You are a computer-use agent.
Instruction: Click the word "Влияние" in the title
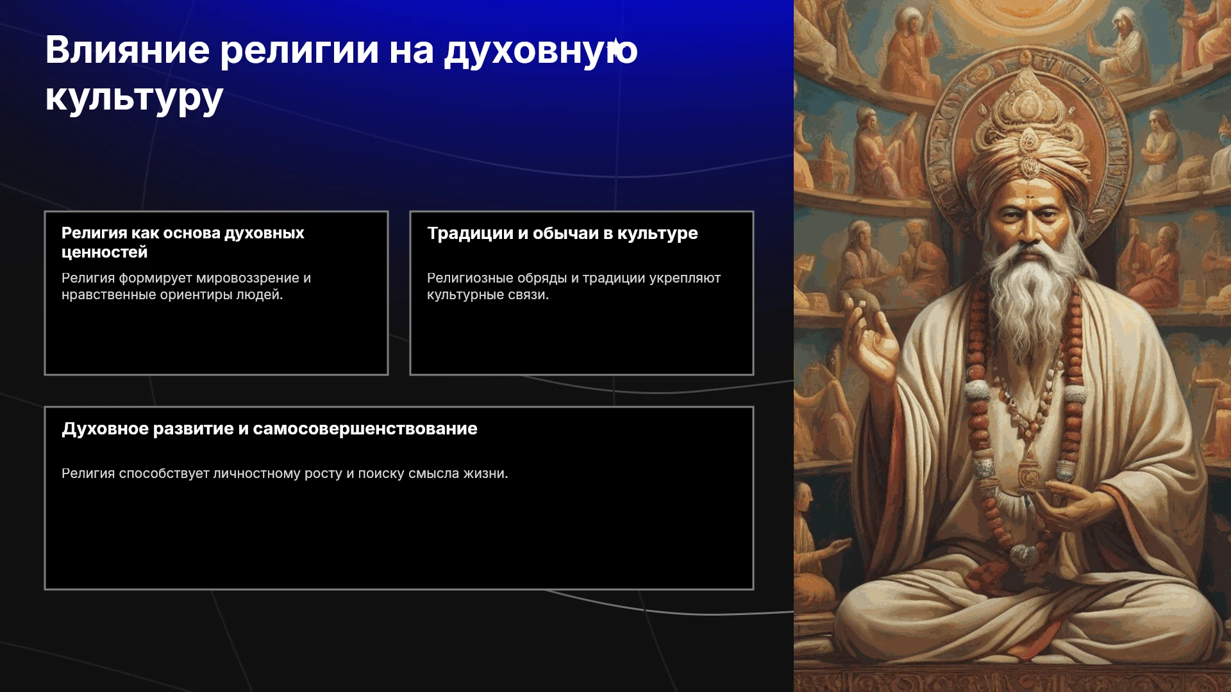[128, 49]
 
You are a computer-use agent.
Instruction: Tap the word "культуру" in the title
[134, 99]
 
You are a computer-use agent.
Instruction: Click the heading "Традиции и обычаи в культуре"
[562, 234]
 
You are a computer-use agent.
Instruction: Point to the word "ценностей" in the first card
[105, 252]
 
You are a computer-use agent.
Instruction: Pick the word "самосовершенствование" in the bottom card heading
[365, 429]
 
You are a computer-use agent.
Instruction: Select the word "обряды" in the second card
[542, 279]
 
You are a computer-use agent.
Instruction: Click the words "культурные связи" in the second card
[488, 295]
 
